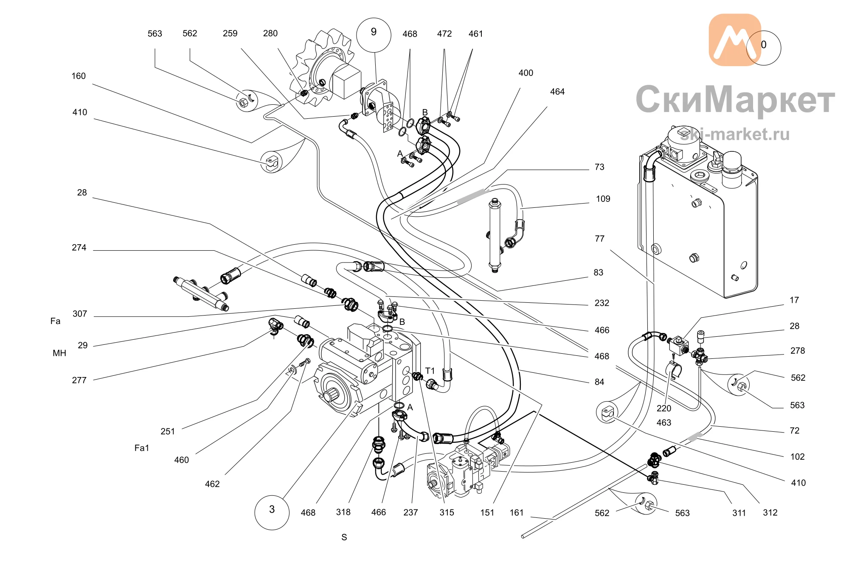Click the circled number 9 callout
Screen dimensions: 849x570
(374, 35)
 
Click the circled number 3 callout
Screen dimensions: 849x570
(272, 512)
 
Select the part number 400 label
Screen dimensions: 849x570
(526, 73)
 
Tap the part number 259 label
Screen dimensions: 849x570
(230, 34)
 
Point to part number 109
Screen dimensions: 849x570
(603, 199)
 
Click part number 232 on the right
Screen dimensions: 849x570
(602, 303)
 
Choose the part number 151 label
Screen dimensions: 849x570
(487, 513)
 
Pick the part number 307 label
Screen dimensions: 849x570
(80, 314)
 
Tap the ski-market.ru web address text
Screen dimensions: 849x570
(735, 134)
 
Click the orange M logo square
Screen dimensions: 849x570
(735, 40)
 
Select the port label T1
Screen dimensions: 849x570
(430, 371)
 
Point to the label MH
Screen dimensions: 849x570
(59, 353)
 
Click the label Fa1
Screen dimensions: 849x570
(142, 448)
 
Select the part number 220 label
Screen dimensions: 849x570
(663, 408)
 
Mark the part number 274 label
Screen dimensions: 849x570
(79, 248)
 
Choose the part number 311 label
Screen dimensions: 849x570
(739, 513)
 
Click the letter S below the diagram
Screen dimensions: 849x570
(344, 537)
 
